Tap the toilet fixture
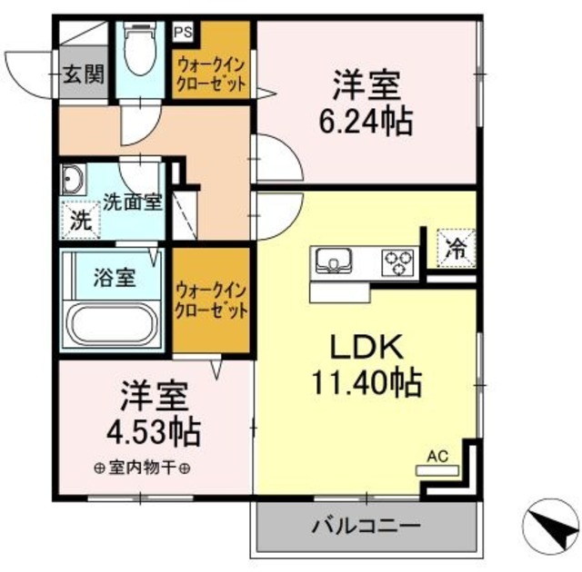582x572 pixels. (140, 51)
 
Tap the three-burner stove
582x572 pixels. (396, 261)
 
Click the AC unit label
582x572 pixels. (437, 459)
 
